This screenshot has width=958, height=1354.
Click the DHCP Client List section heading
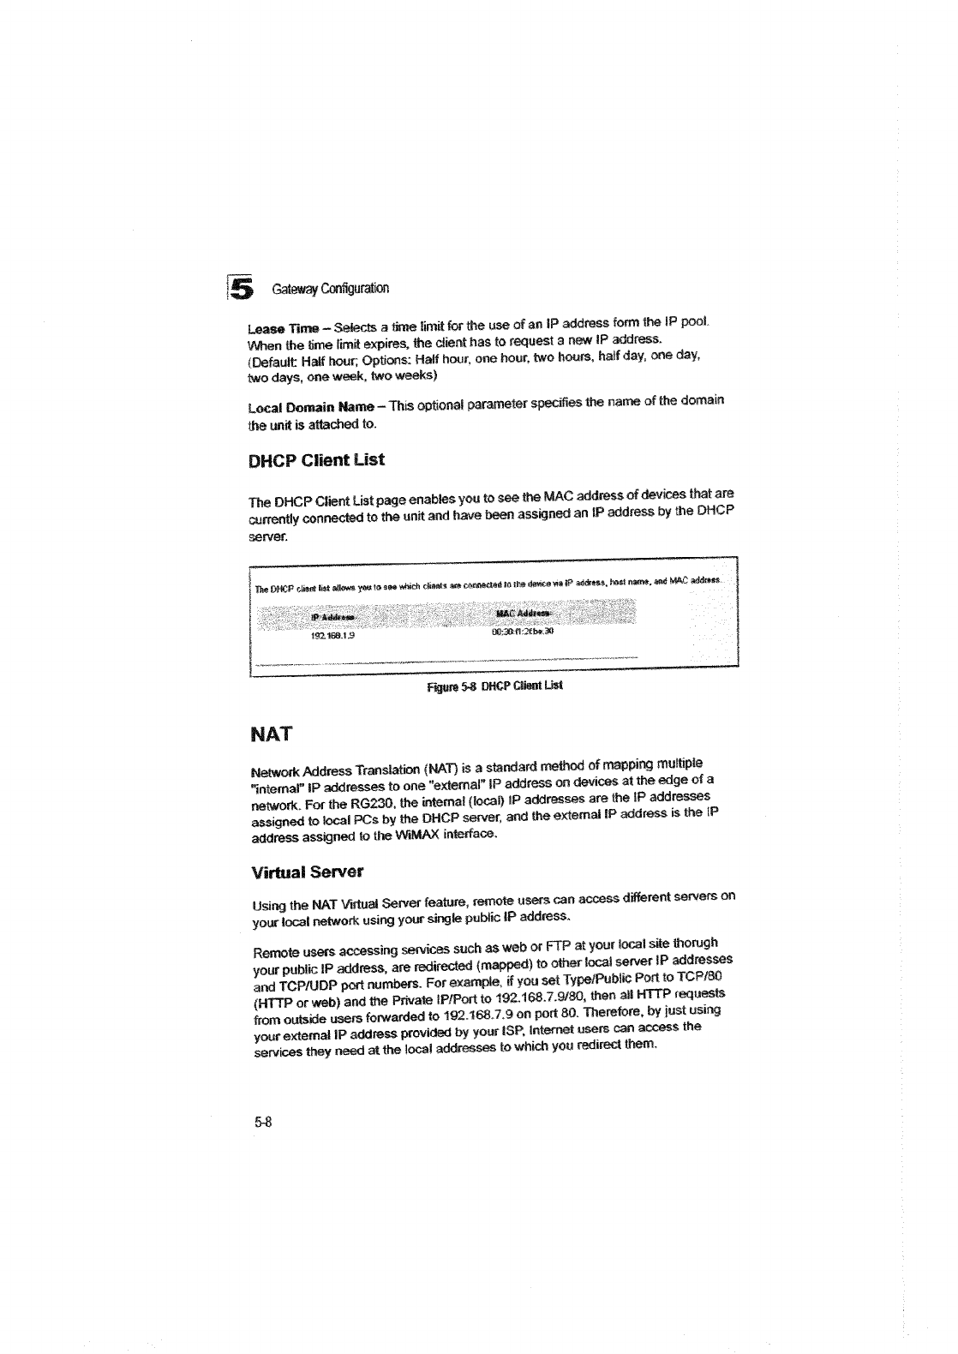coord(316,460)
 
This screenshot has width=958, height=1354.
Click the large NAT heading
coord(270,734)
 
